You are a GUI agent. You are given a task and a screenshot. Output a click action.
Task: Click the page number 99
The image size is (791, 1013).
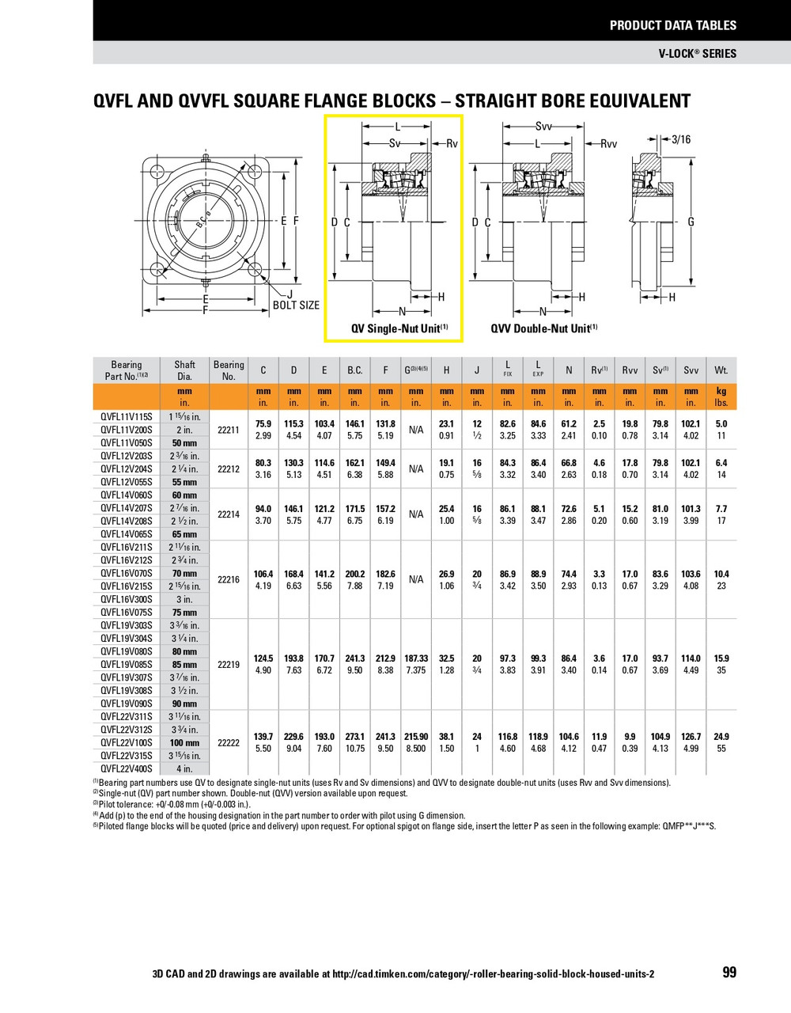[729, 972]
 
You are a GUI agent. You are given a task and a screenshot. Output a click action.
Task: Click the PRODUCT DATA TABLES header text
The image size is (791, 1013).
[672, 25]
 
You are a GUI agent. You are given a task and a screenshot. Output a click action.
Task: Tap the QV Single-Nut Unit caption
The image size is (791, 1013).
[399, 328]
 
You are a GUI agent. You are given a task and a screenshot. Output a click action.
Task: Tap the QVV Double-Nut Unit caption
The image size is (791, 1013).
[543, 328]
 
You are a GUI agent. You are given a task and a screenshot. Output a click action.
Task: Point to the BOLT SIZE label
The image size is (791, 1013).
[296, 305]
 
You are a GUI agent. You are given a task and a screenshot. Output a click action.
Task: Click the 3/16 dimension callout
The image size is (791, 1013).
[680, 139]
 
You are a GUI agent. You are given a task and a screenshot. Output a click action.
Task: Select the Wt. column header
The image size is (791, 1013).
[721, 370]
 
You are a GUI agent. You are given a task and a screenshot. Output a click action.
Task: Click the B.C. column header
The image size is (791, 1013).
[354, 370]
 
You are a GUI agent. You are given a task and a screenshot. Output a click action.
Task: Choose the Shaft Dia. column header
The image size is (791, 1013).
[184, 370]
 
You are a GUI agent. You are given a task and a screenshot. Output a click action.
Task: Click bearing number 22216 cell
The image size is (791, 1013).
[229, 579]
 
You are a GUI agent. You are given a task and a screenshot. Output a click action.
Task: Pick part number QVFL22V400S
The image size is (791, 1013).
[127, 768]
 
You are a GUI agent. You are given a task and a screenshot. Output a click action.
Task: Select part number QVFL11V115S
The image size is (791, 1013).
[127, 416]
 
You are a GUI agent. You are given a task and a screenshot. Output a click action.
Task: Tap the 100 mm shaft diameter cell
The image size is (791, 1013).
[184, 742]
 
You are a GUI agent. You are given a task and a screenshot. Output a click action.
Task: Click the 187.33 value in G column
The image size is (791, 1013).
[415, 658]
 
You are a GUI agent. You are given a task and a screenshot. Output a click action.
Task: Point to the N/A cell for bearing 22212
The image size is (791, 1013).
[415, 469]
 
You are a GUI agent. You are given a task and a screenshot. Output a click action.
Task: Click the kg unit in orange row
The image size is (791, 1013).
[721, 391]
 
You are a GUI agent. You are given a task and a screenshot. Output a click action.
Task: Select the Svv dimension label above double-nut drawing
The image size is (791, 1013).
[543, 127]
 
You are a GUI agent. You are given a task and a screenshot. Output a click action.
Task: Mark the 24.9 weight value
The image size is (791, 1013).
[721, 736]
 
